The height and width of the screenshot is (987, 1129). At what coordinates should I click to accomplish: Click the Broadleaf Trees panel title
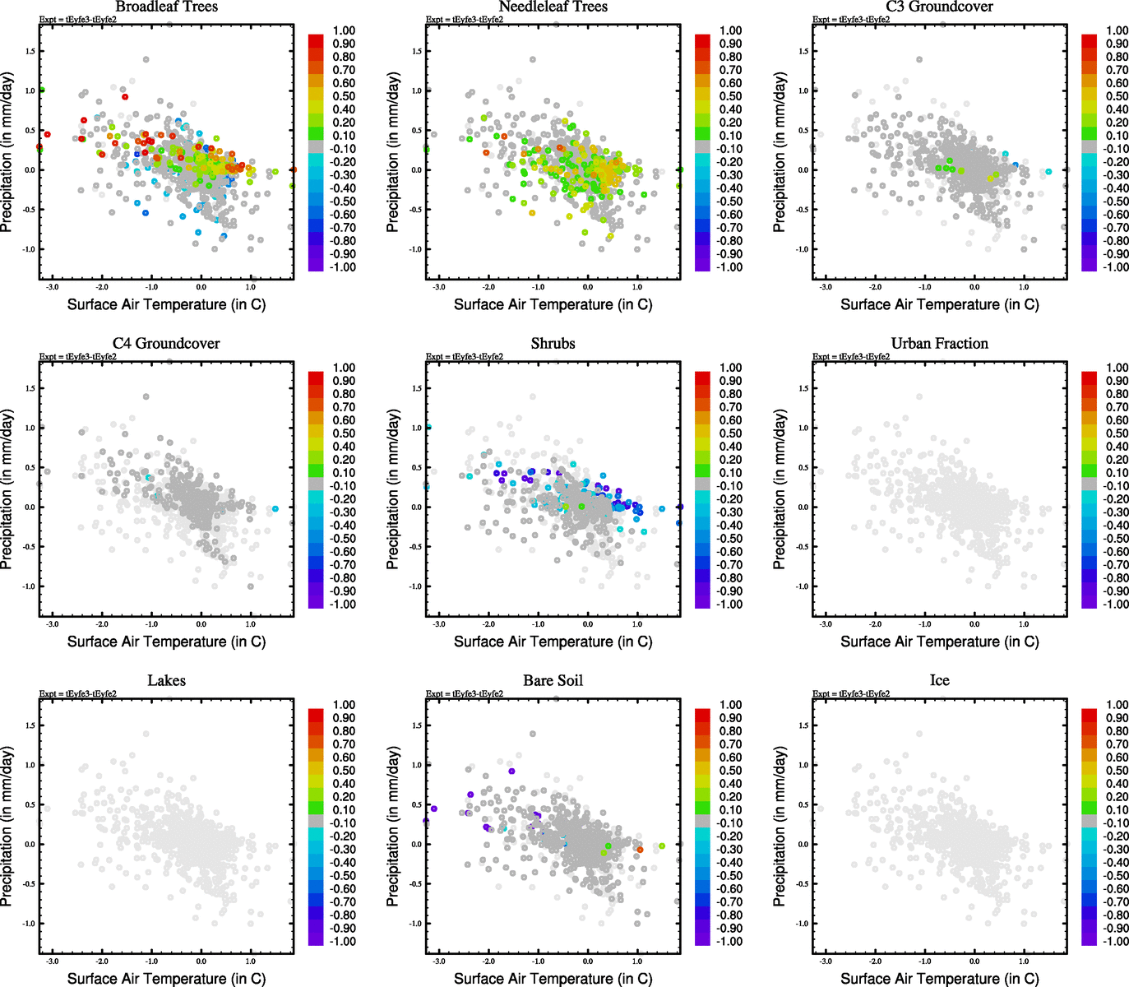166,7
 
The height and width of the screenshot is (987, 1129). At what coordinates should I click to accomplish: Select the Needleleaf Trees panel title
553,7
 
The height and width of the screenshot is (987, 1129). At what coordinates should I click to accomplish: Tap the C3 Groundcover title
939,7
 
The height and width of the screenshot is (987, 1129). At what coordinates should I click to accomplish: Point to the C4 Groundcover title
166,343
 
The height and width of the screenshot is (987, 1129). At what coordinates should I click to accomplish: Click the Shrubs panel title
553,343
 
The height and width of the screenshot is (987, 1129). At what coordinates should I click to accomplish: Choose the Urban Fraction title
939,343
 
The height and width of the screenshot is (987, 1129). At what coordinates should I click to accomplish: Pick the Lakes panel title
166,680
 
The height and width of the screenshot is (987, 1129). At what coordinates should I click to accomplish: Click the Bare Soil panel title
553,680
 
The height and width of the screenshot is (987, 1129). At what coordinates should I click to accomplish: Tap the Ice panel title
939,680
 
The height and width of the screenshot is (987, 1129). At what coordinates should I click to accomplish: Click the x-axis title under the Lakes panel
166,978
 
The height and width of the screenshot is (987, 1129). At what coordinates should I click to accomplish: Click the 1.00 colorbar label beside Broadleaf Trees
344,30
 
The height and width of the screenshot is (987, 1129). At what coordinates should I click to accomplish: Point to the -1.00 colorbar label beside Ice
1117,941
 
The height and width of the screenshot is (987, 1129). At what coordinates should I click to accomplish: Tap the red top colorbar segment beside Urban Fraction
1089,378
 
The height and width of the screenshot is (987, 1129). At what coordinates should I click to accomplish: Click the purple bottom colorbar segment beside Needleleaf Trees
702,264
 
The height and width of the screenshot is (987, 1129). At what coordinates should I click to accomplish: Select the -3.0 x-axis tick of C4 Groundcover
52,624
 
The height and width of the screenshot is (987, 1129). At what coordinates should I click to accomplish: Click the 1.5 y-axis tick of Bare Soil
416,725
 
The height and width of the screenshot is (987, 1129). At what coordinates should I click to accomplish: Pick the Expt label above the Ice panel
851,693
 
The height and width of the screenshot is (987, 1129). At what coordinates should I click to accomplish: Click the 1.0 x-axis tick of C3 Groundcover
1024,287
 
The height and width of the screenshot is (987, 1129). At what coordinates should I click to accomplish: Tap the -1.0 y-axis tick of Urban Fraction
802,586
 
